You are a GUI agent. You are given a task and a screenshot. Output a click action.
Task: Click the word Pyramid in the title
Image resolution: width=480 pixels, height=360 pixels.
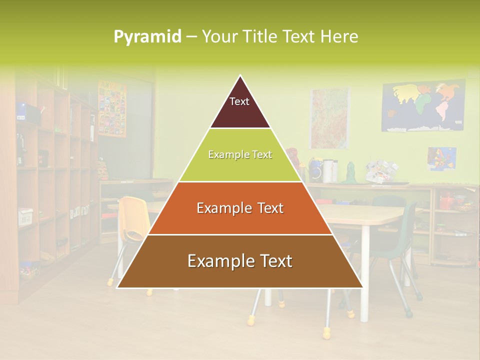(x=147, y=36)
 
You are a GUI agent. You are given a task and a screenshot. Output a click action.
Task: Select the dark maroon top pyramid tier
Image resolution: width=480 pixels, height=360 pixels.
(x=240, y=110)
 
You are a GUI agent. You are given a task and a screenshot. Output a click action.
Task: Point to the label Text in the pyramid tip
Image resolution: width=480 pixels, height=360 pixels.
(x=239, y=101)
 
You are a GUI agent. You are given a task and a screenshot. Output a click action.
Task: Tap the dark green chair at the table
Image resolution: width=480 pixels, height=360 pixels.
(x=402, y=235)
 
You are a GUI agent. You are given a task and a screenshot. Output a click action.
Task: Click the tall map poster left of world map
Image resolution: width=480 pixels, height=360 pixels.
(x=329, y=118)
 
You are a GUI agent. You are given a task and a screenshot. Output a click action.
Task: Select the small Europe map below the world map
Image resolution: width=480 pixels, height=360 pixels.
(x=441, y=158)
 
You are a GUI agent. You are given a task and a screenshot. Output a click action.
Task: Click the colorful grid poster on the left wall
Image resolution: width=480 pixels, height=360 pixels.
(x=112, y=108)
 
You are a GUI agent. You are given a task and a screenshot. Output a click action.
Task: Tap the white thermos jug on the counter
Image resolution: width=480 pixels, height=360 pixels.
(x=328, y=171)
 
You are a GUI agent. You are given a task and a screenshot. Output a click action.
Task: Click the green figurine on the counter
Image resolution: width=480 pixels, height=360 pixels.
(x=350, y=173)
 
